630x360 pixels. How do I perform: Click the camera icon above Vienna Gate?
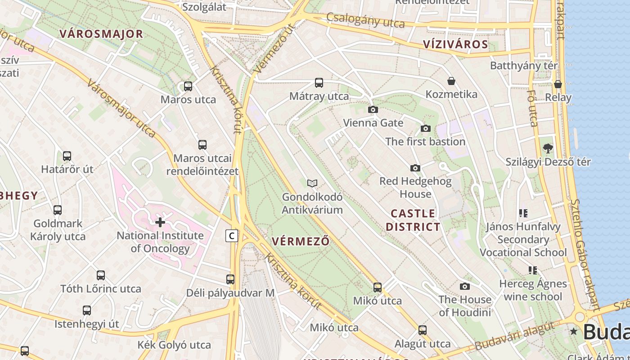[373, 109]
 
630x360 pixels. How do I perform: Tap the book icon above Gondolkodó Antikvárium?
[312, 183]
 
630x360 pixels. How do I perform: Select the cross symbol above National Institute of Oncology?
[160, 222]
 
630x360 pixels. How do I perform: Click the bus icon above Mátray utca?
[319, 82]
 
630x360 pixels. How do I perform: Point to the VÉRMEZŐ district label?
[301, 241]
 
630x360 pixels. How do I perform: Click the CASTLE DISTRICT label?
[413, 220]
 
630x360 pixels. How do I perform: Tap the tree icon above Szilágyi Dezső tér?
[548, 148]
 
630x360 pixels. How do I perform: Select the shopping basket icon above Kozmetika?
[451, 81]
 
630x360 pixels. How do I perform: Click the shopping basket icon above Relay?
[558, 84]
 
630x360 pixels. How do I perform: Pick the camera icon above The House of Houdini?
[465, 286]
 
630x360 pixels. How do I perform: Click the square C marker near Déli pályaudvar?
[232, 235]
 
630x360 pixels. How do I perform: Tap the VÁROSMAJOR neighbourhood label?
[101, 34]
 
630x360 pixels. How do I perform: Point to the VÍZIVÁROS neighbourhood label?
[455, 44]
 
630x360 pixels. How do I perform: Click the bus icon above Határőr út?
[67, 156]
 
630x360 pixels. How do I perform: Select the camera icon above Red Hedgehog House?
[415, 168]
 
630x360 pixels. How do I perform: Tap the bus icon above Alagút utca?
[423, 330]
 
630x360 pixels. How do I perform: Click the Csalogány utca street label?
[365, 20]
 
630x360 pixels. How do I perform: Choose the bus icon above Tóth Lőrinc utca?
[101, 275]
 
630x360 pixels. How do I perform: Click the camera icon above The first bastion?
[425, 129]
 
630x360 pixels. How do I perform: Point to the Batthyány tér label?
[524, 66]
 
